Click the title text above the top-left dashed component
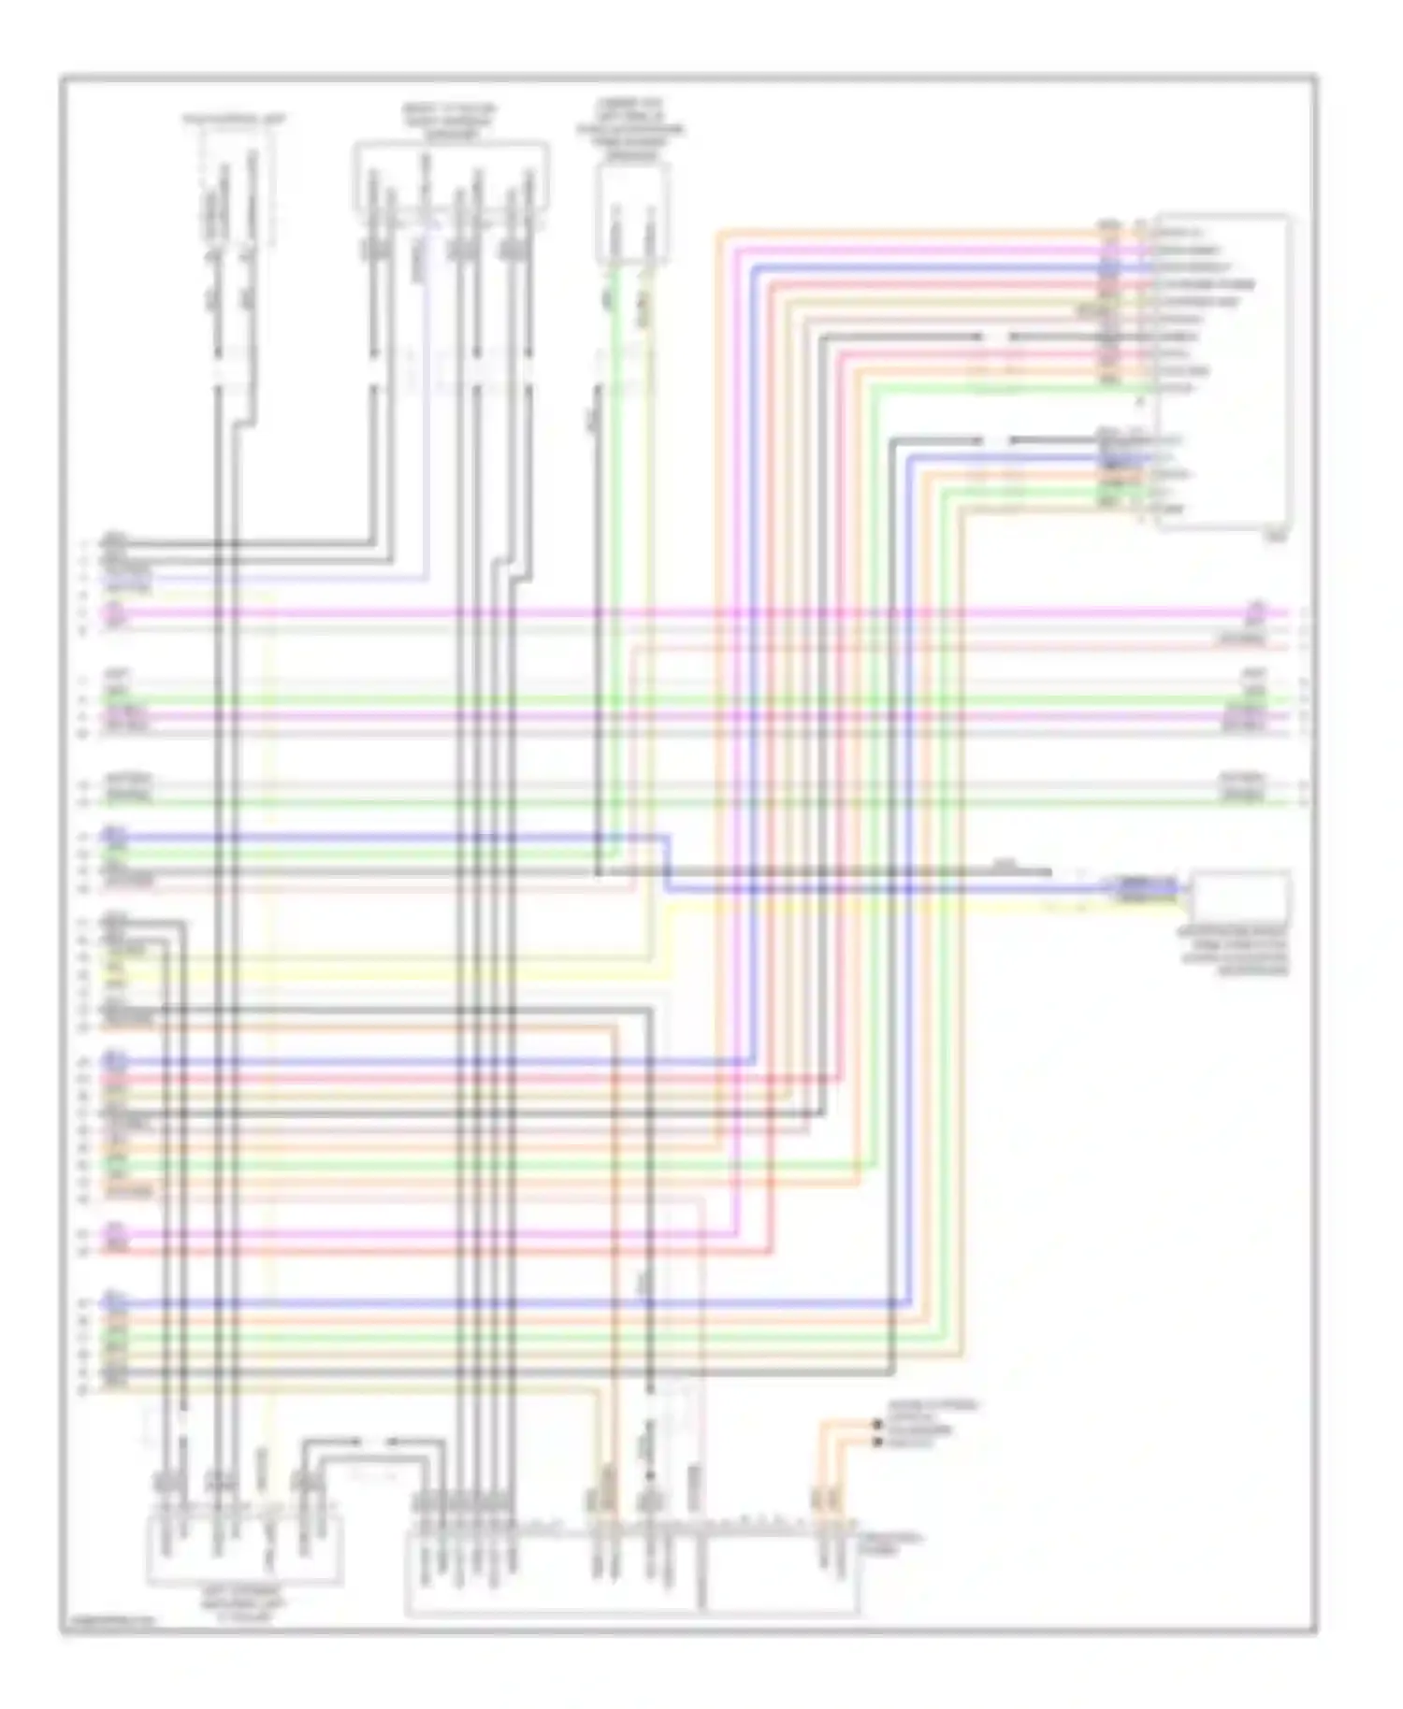tap(235, 120)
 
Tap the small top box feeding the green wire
tap(633, 212)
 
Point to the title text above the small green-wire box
tap(630, 129)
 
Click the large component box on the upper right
tap(1222, 371)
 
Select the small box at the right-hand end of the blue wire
tap(1240, 896)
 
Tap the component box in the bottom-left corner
tap(243, 1548)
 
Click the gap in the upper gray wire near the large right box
tap(996, 337)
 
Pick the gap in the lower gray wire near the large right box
tap(996, 439)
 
